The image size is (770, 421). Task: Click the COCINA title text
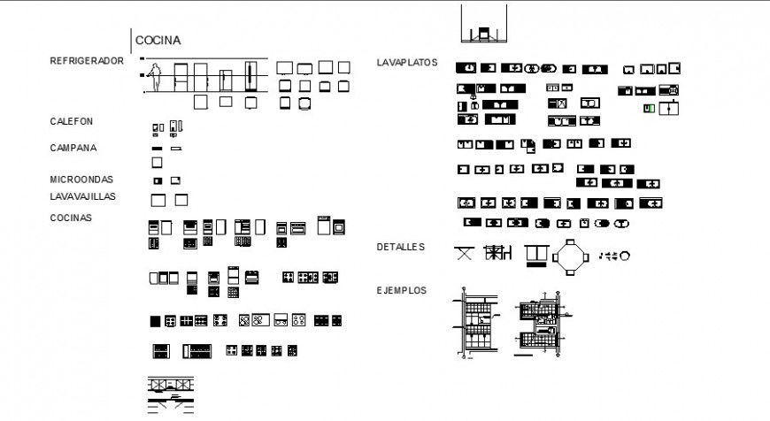click(158, 40)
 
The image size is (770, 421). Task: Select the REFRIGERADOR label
click(87, 61)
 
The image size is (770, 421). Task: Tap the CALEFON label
click(72, 121)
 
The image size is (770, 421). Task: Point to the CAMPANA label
click(73, 148)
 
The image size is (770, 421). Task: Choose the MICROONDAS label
click(81, 179)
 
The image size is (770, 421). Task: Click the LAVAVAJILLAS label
click(83, 196)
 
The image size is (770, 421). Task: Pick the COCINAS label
click(71, 218)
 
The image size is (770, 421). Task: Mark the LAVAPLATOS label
click(407, 63)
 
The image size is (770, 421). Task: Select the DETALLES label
click(401, 247)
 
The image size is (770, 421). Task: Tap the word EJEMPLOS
click(402, 290)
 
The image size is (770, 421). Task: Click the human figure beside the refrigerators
click(156, 78)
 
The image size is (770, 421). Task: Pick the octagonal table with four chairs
click(570, 256)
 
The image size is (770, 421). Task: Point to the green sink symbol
click(649, 108)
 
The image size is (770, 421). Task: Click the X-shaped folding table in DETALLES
click(464, 255)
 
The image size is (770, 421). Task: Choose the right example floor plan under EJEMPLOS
click(542, 324)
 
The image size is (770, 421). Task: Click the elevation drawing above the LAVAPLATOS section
click(483, 25)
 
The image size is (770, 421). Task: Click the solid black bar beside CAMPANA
click(157, 149)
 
